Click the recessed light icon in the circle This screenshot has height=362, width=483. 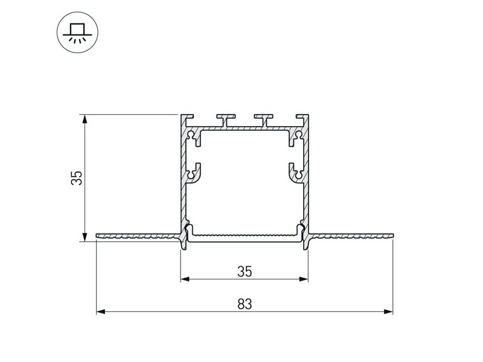pyautogui.click(x=77, y=33)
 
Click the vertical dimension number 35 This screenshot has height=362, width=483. pyautogui.click(x=77, y=178)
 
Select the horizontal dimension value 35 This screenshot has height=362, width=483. pyautogui.click(x=245, y=271)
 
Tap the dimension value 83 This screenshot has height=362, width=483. pyautogui.click(x=245, y=304)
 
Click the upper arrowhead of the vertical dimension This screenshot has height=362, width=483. pyautogui.click(x=84, y=119)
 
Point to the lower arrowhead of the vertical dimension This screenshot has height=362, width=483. pyautogui.click(x=84, y=237)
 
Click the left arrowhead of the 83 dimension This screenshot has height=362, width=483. pyautogui.click(x=101, y=311)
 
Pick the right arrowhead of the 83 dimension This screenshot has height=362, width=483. pyautogui.click(x=388, y=311)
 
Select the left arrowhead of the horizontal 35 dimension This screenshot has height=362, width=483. pyautogui.click(x=185, y=279)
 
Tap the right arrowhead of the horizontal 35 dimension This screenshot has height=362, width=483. pyautogui.click(x=304, y=279)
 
